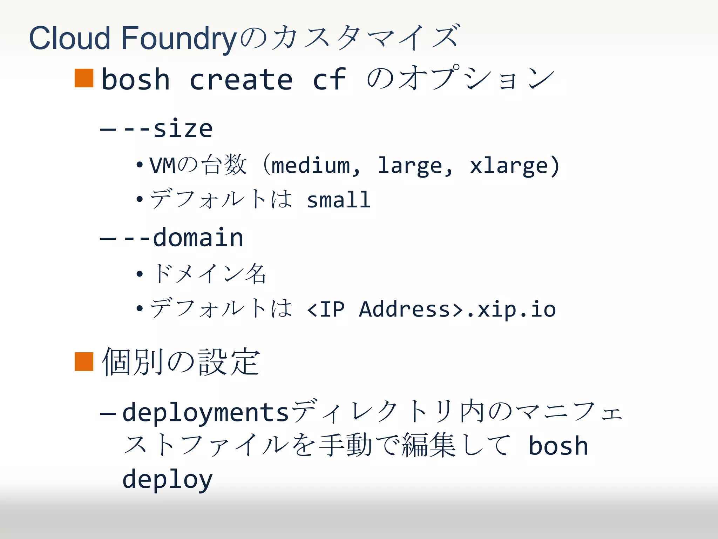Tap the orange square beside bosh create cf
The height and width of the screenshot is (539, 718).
coord(84,78)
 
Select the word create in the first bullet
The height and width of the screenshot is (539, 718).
coord(241,79)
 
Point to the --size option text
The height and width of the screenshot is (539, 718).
coord(168,128)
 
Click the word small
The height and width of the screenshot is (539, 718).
coord(338,200)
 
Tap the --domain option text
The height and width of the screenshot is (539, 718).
coord(183,238)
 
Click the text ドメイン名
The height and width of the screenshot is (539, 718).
coord(209,273)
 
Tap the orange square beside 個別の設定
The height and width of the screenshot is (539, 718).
coord(84,361)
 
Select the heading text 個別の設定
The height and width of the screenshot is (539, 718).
coord(181,362)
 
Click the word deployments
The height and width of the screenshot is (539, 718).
coord(205,412)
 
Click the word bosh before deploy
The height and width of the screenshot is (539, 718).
coord(558,446)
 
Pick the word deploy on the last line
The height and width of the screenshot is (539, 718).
coord(168,479)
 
